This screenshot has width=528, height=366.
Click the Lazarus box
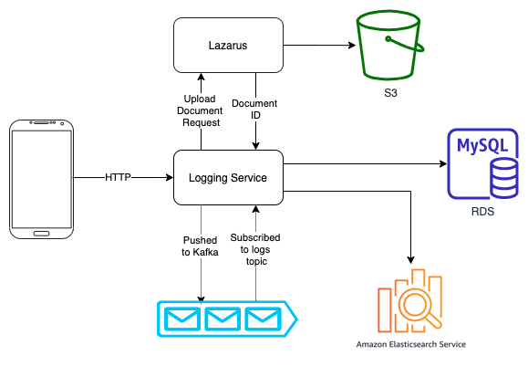(228, 45)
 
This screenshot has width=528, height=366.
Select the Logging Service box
(228, 178)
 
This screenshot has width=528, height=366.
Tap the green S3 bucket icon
(389, 45)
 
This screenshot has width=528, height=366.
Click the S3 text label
(390, 93)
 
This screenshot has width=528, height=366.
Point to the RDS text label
(482, 212)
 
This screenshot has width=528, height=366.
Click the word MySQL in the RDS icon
(482, 146)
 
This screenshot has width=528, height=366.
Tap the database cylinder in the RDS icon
(503, 178)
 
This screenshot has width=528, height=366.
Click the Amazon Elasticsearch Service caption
(411, 344)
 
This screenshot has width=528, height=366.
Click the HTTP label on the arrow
(118, 177)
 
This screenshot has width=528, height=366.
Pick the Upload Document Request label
(200, 110)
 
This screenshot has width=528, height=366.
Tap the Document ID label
(255, 110)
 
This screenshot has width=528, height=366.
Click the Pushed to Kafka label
(200, 246)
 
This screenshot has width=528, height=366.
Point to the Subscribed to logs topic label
(255, 249)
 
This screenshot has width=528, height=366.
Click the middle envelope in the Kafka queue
(223, 319)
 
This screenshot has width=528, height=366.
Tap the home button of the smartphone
(41, 234)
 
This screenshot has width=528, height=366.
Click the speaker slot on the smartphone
(41, 122)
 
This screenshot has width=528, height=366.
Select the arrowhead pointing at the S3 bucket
(352, 45)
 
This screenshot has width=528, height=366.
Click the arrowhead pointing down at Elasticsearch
(410, 260)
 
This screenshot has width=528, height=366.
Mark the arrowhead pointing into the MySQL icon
(443, 163)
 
